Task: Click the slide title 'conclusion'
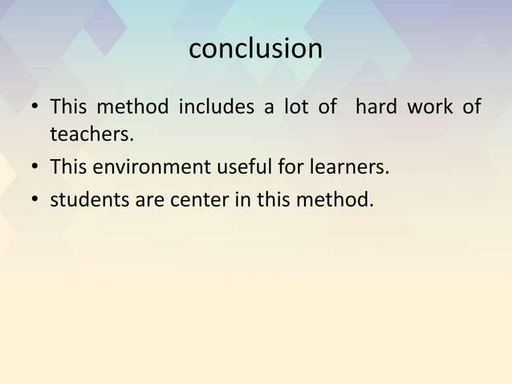click(x=255, y=50)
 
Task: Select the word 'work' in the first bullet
click(x=429, y=106)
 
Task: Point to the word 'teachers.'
click(x=90, y=134)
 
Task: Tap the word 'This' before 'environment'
click(x=69, y=168)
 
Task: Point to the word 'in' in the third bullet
click(x=241, y=198)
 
